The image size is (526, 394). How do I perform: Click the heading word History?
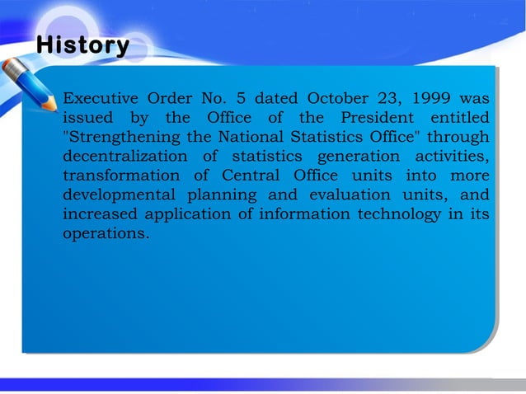click(x=82, y=45)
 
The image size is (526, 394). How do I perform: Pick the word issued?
click(x=87, y=119)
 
